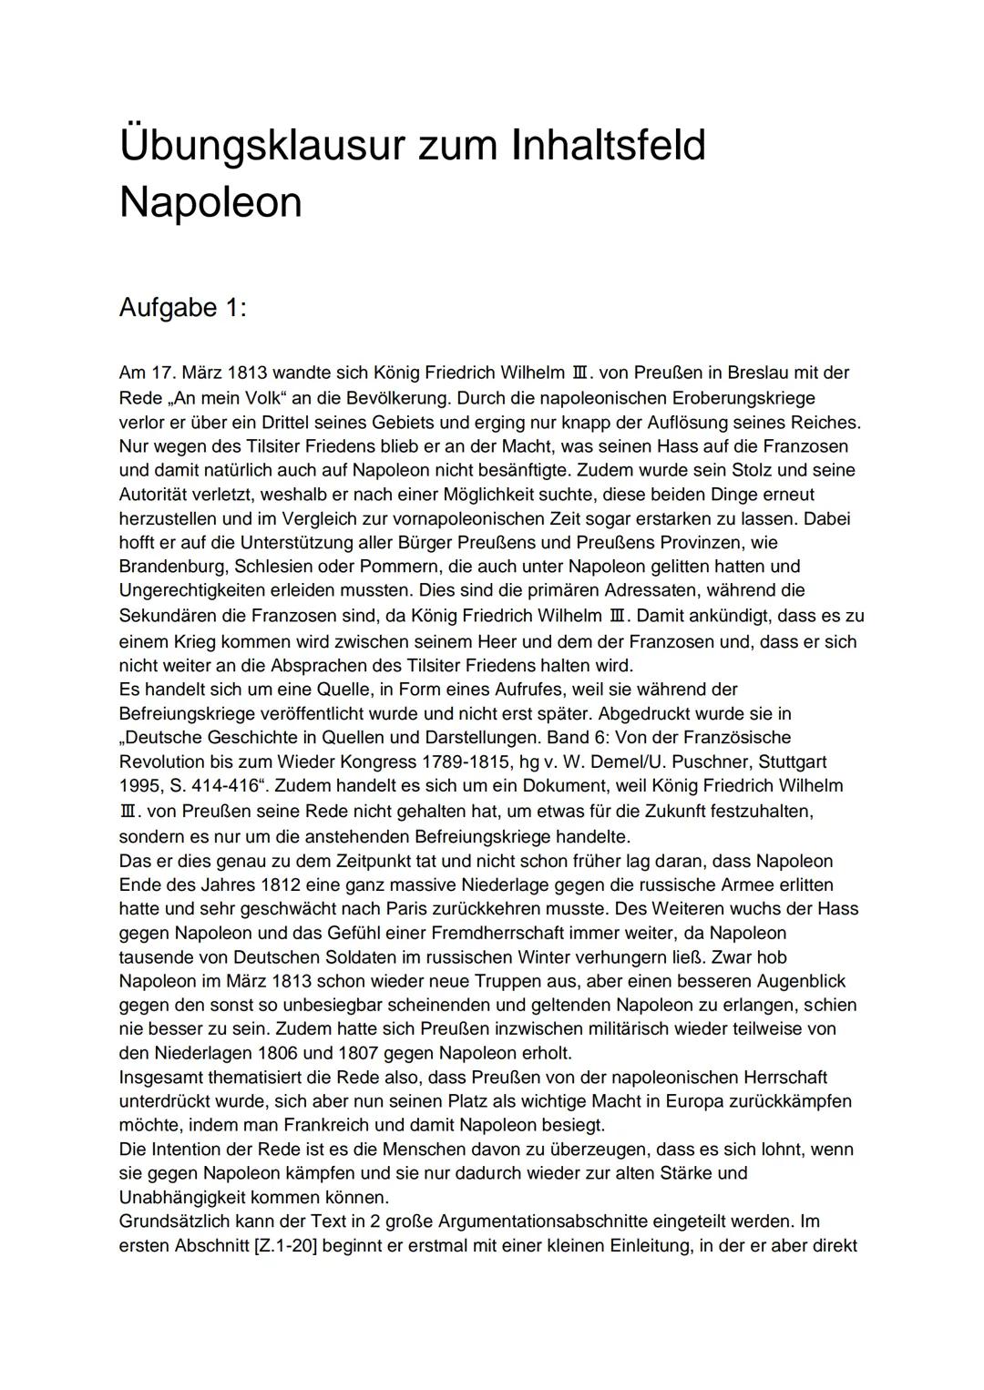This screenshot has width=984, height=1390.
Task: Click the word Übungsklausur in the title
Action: pyautogui.click(x=261, y=147)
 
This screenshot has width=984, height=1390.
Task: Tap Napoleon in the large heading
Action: pyautogui.click(x=210, y=201)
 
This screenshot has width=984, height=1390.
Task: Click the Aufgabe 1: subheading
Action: pyautogui.click(x=182, y=308)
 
